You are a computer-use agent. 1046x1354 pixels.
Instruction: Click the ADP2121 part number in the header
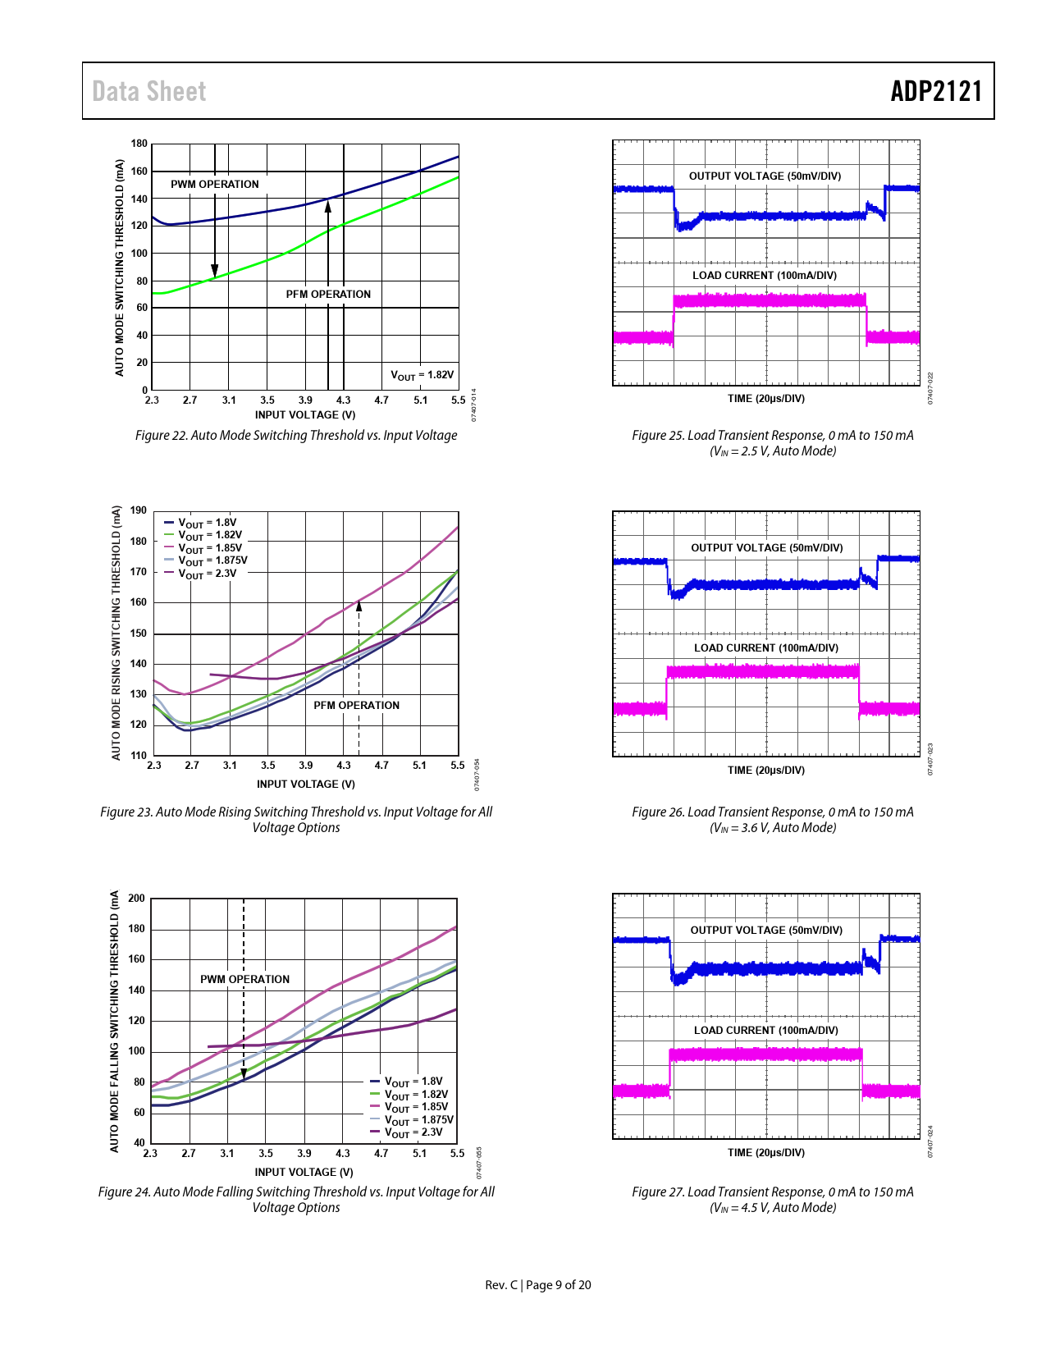click(x=936, y=91)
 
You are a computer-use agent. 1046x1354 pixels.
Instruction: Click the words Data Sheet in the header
click(x=149, y=91)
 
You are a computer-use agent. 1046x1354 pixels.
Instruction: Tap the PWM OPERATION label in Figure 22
click(x=214, y=185)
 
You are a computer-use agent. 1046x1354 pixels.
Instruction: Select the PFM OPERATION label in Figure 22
click(x=328, y=294)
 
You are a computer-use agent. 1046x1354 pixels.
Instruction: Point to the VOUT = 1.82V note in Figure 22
click(x=422, y=375)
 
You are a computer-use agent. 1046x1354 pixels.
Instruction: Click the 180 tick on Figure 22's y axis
click(x=139, y=144)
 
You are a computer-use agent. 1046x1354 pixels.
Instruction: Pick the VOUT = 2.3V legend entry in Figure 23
click(x=207, y=574)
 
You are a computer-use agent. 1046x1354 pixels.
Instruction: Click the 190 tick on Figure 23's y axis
click(x=139, y=510)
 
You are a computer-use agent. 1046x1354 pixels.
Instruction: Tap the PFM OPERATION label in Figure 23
click(x=356, y=705)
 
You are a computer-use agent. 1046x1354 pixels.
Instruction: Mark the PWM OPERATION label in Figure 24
click(x=244, y=979)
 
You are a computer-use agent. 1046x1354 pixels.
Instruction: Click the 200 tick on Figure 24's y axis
click(x=136, y=899)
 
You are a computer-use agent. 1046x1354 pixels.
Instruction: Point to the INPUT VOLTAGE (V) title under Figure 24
click(x=304, y=1172)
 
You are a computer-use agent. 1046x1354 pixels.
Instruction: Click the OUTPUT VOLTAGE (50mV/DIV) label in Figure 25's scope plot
click(x=765, y=176)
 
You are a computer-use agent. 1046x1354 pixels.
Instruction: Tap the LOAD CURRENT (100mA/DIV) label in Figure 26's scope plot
click(x=766, y=648)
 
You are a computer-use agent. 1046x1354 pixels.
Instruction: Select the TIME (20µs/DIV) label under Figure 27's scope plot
click(x=766, y=1153)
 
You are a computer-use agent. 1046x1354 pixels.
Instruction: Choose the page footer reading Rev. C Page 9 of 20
click(x=538, y=1285)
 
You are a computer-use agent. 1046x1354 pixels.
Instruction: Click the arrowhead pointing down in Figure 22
click(x=215, y=272)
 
